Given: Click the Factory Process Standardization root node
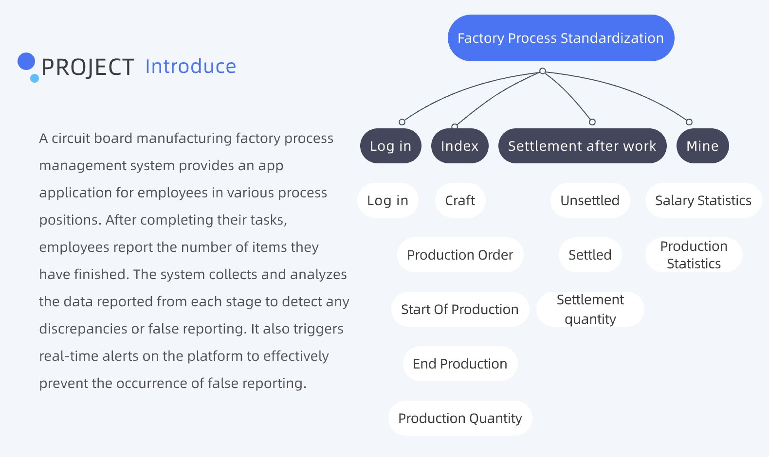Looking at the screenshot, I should click(x=561, y=38).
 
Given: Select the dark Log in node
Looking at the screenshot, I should click(x=390, y=146).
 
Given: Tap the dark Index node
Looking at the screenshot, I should click(x=459, y=146).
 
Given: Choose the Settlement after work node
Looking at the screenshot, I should click(x=582, y=146).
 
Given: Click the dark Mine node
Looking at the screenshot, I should click(x=702, y=146).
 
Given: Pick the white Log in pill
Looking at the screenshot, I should click(x=387, y=200).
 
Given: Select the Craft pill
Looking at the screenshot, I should click(x=460, y=200).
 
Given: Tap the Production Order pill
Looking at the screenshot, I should click(x=460, y=255).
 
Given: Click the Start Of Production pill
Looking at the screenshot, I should click(x=460, y=309).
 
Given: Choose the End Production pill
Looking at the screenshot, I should click(x=460, y=364).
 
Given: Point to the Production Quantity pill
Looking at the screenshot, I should click(x=460, y=418).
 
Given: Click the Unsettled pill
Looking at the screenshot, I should click(x=590, y=200).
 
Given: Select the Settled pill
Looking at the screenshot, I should click(x=590, y=255).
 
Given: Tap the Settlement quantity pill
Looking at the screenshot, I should click(x=590, y=309).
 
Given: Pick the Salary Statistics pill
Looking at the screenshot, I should click(x=703, y=200).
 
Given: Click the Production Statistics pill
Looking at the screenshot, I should click(x=694, y=255).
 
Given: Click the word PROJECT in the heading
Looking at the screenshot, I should click(x=88, y=67).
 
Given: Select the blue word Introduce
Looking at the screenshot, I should click(x=190, y=67).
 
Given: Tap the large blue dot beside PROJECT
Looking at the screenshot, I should click(x=26, y=61).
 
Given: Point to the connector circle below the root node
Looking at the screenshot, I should click(x=543, y=71).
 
